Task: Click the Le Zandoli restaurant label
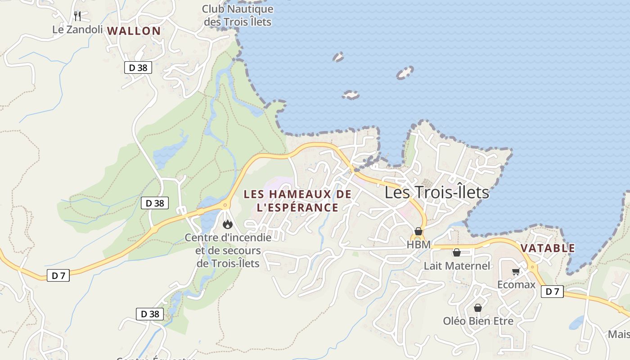coord(77,30)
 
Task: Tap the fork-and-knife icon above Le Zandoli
coord(77,16)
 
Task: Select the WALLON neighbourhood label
coord(134,31)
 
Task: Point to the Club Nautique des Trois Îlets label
coord(238,15)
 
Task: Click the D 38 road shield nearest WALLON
coord(138,68)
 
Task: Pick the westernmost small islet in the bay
coord(338,57)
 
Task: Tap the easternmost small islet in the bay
coord(405,73)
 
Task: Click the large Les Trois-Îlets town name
coord(436,193)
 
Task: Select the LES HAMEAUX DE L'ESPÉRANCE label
coord(297,201)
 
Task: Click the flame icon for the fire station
coord(228,224)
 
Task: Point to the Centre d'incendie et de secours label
coord(228,250)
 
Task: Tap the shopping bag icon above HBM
coord(418,231)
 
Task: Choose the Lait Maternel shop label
coord(457,265)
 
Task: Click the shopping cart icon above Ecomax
coord(516,271)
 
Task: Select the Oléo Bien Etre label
coord(478,321)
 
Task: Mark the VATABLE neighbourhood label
coord(548,248)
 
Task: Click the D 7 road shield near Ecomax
coord(552,292)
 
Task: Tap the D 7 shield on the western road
coord(58,275)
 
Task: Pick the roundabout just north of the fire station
coord(225,205)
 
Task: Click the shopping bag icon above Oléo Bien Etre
coord(478,308)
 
